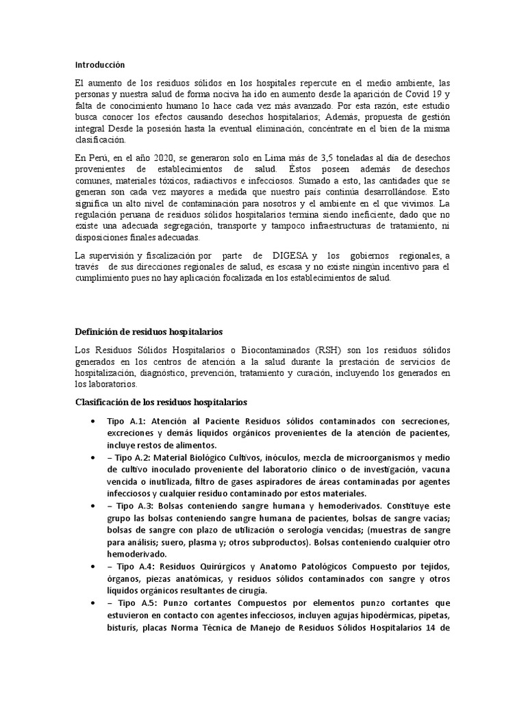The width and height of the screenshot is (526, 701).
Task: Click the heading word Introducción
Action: click(100, 65)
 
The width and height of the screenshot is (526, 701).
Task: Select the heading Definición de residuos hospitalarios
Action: click(148, 332)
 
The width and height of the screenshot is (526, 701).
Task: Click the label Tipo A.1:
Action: click(128, 420)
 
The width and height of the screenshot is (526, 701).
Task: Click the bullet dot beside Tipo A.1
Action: click(92, 420)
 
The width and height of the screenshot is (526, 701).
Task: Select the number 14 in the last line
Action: click(429, 628)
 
